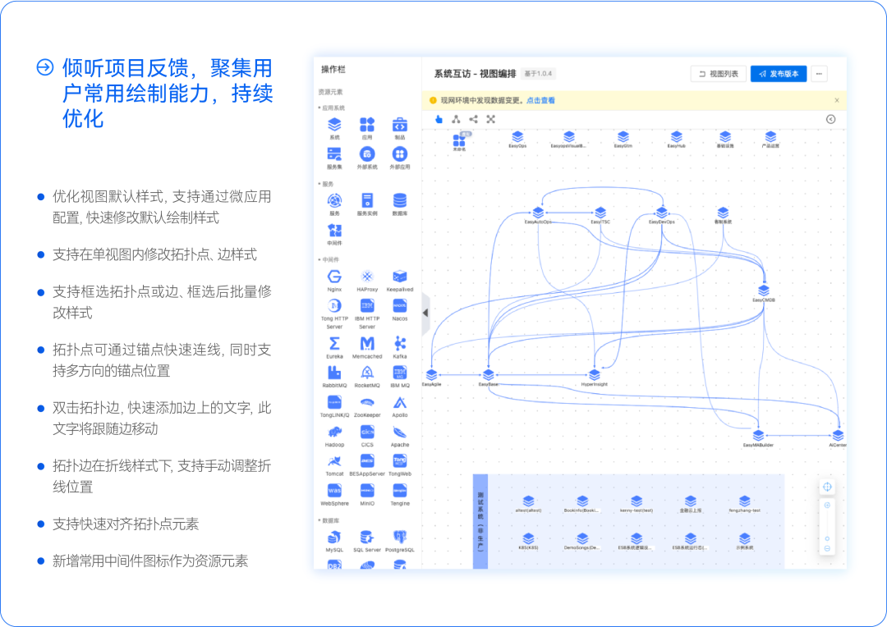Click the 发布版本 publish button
[x=779, y=74]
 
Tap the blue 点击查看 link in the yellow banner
[x=540, y=100]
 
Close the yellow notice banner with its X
[x=837, y=100]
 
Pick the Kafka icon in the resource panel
[x=400, y=343]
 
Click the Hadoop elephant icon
[x=334, y=432]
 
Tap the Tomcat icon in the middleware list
[x=334, y=460]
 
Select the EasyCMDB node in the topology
[x=764, y=291]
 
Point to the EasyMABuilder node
[x=758, y=435]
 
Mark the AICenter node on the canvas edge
[x=838, y=435]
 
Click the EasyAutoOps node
[x=538, y=213]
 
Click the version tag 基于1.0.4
[x=539, y=74]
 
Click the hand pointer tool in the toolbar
[x=439, y=119]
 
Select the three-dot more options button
[x=819, y=74]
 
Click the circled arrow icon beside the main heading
[x=46, y=67]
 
